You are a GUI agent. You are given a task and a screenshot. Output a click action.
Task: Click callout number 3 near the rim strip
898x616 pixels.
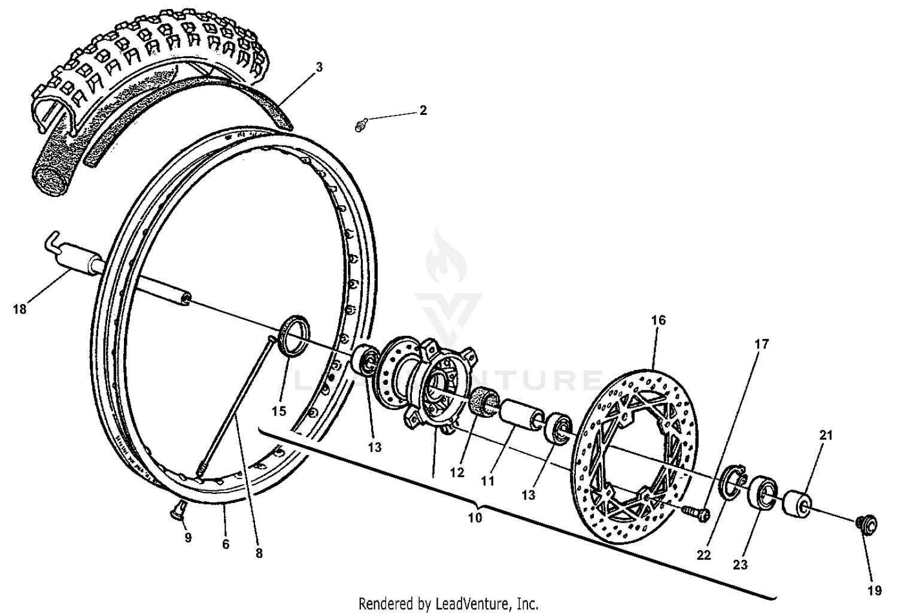(x=319, y=68)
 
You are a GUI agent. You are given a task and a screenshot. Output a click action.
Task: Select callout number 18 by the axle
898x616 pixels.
(x=20, y=309)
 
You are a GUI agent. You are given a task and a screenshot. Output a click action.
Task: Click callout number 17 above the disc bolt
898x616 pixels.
(x=761, y=344)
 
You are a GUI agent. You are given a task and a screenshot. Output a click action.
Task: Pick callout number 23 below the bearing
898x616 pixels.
(x=741, y=564)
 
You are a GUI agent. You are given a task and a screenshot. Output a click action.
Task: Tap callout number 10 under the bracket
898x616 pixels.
(x=475, y=518)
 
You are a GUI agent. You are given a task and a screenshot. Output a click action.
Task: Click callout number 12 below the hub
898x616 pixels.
(x=457, y=472)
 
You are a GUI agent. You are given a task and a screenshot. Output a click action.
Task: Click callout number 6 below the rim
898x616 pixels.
(x=226, y=545)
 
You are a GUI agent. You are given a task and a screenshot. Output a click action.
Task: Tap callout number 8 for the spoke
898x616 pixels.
(x=259, y=554)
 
